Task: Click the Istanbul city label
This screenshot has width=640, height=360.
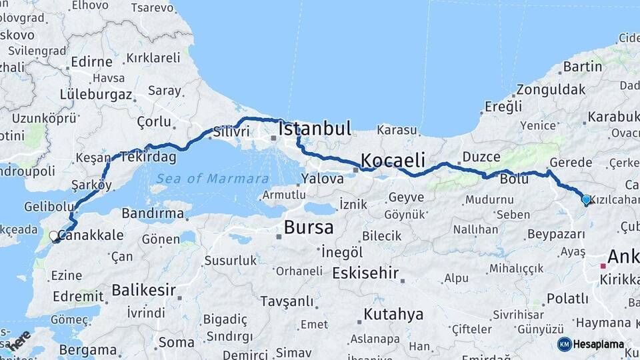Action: [x=315, y=129]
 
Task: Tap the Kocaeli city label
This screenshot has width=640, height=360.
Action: [x=393, y=160]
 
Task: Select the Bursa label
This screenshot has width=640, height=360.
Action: [x=309, y=227]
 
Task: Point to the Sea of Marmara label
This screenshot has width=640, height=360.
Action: [x=213, y=179]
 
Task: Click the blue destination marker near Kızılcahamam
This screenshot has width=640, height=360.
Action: [x=586, y=199]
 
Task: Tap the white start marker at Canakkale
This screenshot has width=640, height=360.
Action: [x=53, y=235]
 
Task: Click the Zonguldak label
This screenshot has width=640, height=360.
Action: [x=551, y=89]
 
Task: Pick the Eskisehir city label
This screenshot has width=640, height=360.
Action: [x=365, y=273]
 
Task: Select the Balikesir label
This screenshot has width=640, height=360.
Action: [x=144, y=290]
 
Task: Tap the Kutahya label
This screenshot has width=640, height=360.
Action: [x=393, y=313]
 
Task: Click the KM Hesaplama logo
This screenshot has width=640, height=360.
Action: [x=591, y=344]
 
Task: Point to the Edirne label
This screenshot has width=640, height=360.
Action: [x=91, y=62]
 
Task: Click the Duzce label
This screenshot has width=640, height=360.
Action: [x=481, y=157]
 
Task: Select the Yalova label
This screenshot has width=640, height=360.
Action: [x=322, y=179]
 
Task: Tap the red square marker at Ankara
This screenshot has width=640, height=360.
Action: [x=603, y=266]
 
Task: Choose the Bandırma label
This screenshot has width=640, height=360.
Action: [x=153, y=213]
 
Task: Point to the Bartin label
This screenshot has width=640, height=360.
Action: [x=583, y=66]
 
